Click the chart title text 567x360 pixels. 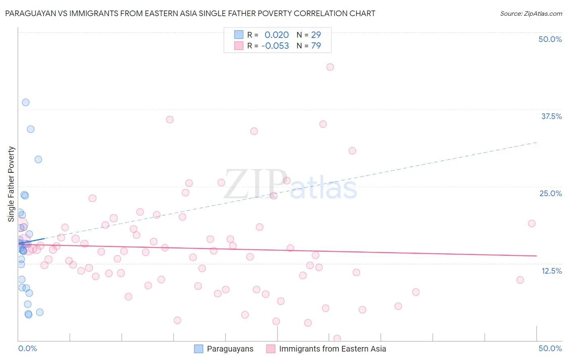[x=190, y=14]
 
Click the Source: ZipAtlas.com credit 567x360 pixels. [x=531, y=14]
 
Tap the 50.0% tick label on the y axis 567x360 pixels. [x=550, y=39]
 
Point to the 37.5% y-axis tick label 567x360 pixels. [x=551, y=116]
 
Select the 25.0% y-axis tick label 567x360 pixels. [x=550, y=193]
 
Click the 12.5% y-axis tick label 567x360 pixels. [x=551, y=271]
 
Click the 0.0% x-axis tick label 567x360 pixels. [x=27, y=348]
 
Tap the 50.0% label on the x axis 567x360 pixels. [x=550, y=348]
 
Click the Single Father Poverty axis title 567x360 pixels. [x=11, y=184]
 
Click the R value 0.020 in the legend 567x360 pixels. [x=277, y=35]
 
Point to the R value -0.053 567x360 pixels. [x=275, y=46]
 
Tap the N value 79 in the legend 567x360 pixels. [x=316, y=46]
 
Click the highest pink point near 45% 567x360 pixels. [x=330, y=67]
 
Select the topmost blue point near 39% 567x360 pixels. [x=26, y=103]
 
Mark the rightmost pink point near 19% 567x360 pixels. [x=532, y=224]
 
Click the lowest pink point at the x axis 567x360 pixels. [x=337, y=338]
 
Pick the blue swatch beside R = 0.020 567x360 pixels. [x=239, y=35]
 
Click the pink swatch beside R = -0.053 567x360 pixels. [x=239, y=46]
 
